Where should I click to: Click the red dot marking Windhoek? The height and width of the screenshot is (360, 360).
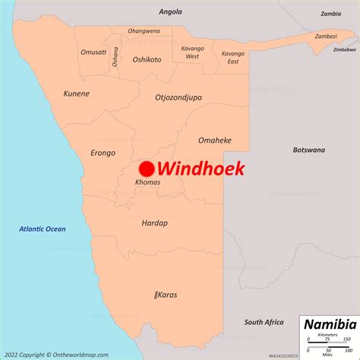click(x=147, y=169)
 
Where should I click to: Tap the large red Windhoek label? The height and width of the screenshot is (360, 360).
click(x=201, y=169)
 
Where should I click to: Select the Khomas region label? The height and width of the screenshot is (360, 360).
click(x=147, y=183)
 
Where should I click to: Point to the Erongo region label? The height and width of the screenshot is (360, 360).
click(x=103, y=152)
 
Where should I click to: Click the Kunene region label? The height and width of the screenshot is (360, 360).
click(x=76, y=94)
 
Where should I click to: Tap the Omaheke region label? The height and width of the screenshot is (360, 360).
click(x=215, y=141)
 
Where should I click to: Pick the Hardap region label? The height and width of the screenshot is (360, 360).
click(x=154, y=223)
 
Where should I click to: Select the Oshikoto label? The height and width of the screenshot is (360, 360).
click(x=147, y=59)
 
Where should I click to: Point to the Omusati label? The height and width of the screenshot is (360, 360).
click(x=94, y=52)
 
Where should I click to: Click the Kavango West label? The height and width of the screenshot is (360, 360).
click(x=192, y=52)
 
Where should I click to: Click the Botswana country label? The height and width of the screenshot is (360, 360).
click(x=309, y=150)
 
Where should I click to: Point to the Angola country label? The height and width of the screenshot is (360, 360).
click(x=171, y=11)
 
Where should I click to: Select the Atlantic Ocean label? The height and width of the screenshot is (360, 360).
click(x=43, y=229)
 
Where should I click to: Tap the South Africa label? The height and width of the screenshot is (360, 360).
click(x=264, y=322)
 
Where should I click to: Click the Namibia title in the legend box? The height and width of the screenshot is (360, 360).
click(x=328, y=324)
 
